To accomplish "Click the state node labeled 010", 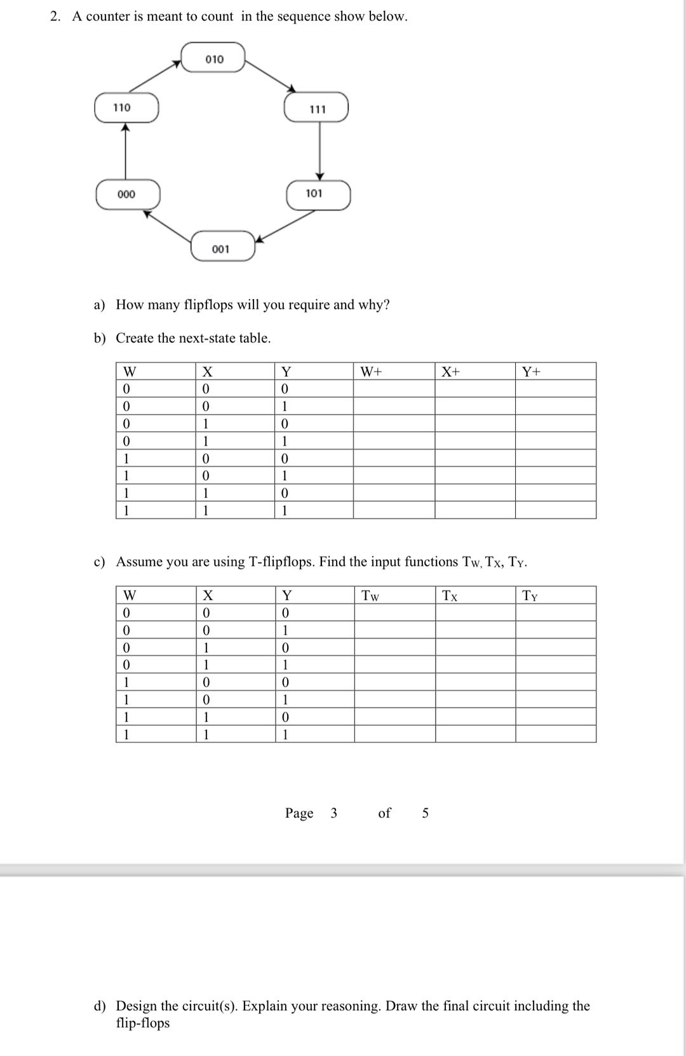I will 213,58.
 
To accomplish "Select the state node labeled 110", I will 126,107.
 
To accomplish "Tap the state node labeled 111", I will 317,108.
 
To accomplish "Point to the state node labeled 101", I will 318,194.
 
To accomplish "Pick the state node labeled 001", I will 223,248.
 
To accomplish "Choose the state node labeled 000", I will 127,194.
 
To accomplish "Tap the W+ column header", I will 371,371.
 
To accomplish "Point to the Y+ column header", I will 532,371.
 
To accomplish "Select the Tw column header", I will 370,596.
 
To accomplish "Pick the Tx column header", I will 450,596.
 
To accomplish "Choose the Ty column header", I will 530,596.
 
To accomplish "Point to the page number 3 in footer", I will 334,813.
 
